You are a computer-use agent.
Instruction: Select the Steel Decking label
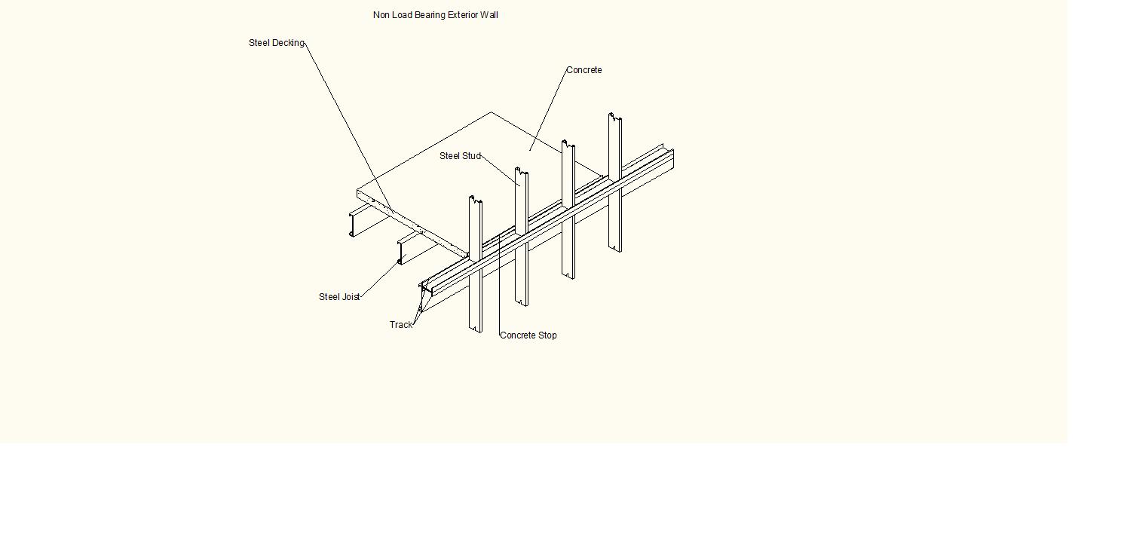276,43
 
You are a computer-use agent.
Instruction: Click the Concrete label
583,70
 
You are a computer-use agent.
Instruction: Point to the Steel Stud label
460,156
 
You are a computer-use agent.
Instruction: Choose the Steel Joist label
338,297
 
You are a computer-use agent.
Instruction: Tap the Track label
401,325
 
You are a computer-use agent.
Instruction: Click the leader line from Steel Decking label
347,124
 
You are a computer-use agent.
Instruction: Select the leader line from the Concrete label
548,109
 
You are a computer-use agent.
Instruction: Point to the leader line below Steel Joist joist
380,279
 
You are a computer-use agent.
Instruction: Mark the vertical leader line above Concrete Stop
499,286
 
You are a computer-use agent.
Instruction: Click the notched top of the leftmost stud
476,201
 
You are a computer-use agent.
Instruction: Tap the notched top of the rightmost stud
615,118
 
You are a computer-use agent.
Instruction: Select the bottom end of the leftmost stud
476,329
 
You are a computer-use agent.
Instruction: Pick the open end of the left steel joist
352,225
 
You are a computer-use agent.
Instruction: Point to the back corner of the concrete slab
492,113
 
